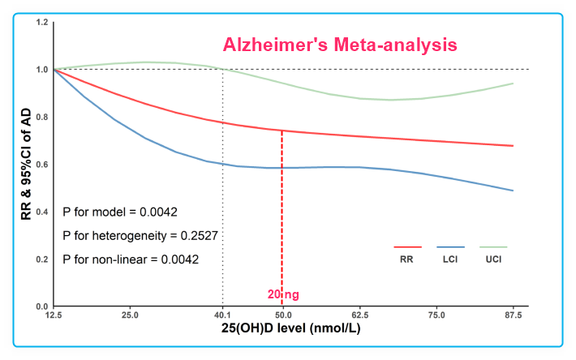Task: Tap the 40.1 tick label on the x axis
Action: (222, 314)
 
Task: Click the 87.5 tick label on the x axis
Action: (513, 314)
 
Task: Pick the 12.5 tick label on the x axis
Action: (53, 314)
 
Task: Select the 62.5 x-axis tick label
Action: (359, 314)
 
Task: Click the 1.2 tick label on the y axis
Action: (41, 22)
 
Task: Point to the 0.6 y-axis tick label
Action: (41, 165)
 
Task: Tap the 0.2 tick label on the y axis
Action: (41, 259)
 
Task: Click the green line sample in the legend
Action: (493, 246)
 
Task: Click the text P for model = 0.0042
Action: (120, 212)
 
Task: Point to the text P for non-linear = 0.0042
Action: (131, 259)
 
